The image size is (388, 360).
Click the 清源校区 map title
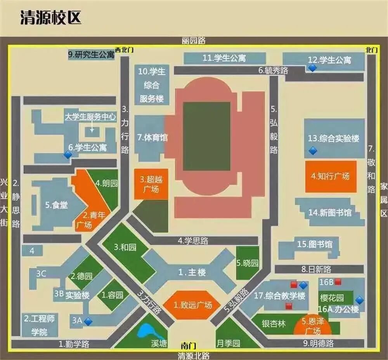click(51, 18)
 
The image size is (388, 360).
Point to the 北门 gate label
click(371, 50)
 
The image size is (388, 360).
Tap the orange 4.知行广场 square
click(331, 176)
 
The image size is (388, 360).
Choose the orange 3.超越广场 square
click(151, 184)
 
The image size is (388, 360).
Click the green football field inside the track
click(206, 131)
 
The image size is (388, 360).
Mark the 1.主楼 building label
click(192, 272)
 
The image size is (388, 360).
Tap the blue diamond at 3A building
click(88, 321)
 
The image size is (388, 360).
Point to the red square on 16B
click(338, 281)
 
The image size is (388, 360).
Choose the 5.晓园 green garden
click(248, 263)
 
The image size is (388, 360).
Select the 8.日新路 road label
click(316, 269)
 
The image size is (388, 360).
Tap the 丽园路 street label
click(193, 40)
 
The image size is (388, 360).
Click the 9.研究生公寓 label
click(91, 55)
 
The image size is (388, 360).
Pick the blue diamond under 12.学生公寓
click(312, 68)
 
